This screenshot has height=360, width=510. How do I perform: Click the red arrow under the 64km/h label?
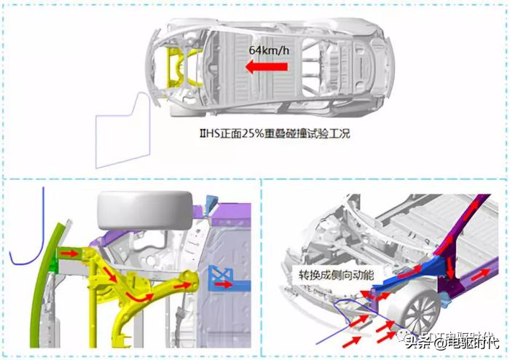[266, 68]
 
